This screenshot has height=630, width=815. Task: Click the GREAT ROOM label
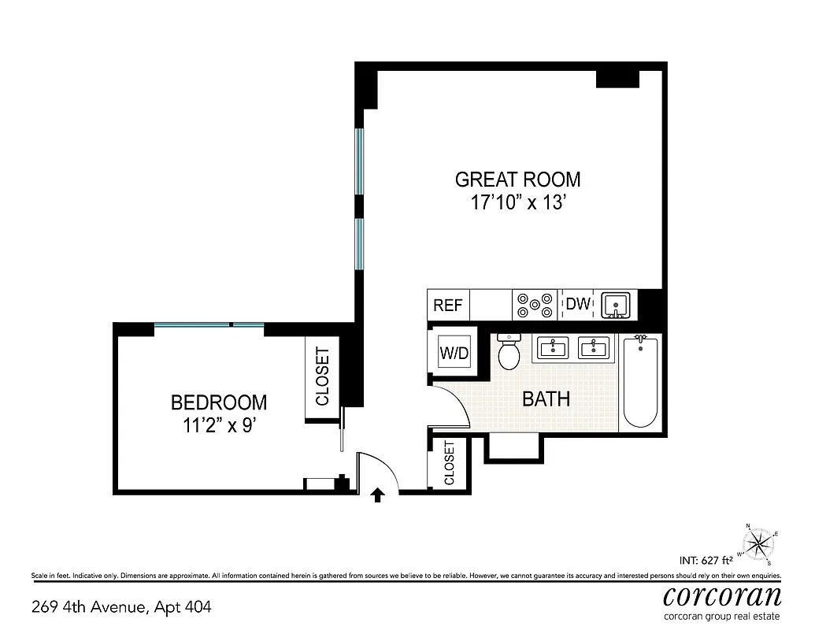tap(517, 179)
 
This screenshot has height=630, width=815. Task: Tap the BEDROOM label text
tap(219, 402)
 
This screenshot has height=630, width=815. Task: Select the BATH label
tap(546, 398)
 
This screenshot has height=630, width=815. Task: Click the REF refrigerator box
tap(448, 305)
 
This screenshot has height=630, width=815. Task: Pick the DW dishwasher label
tap(578, 304)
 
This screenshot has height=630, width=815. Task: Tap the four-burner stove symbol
tap(534, 305)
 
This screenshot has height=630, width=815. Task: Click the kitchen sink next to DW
tap(616, 305)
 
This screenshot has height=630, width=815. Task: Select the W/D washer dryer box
tap(454, 353)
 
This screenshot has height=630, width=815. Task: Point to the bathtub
tap(640, 381)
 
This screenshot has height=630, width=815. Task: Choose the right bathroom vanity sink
tap(595, 347)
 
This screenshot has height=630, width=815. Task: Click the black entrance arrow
tap(378, 494)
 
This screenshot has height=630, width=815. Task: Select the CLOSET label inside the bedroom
tap(322, 376)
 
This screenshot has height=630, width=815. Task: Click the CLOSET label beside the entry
tap(449, 463)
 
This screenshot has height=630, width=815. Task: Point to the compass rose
tap(758, 543)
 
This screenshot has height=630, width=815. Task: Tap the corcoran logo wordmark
tap(723, 594)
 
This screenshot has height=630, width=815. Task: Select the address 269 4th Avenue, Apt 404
tap(121, 607)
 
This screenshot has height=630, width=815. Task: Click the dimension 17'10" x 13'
tap(517, 202)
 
